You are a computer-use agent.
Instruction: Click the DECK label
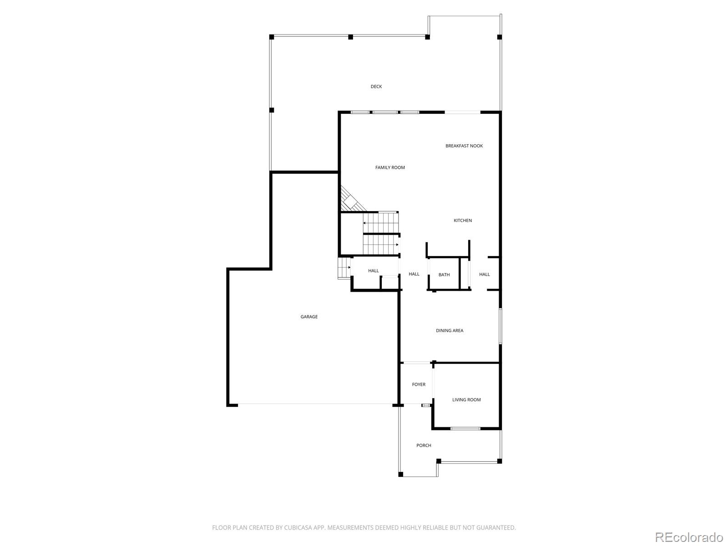(376, 86)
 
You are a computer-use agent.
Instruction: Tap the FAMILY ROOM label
(390, 167)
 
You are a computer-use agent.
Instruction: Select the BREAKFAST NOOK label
(464, 146)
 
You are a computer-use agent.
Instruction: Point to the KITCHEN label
(462, 221)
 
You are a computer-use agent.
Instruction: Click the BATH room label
(444, 275)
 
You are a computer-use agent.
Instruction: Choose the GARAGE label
(309, 317)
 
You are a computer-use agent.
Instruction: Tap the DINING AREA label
(450, 331)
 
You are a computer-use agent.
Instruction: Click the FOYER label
(419, 384)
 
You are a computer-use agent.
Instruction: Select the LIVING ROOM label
(466, 400)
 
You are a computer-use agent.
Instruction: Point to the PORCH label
(424, 445)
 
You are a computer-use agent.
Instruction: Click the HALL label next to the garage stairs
(373, 271)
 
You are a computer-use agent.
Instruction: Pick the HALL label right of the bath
(484, 274)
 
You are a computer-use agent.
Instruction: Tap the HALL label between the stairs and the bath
(414, 274)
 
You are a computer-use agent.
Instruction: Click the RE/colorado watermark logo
(689, 537)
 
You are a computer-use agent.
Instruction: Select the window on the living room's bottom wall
(465, 429)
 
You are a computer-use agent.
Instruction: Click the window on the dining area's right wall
(500, 326)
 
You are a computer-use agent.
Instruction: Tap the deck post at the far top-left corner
(272, 37)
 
